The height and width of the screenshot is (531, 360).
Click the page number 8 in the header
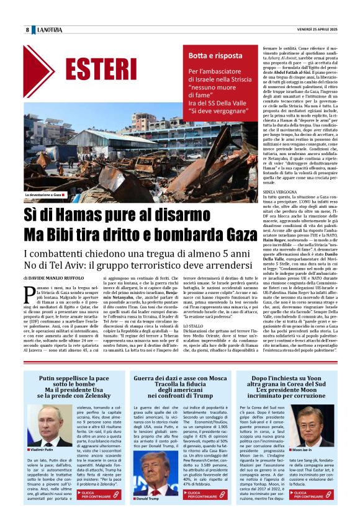point(27,30)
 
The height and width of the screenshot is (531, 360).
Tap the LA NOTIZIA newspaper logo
point(49,30)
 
